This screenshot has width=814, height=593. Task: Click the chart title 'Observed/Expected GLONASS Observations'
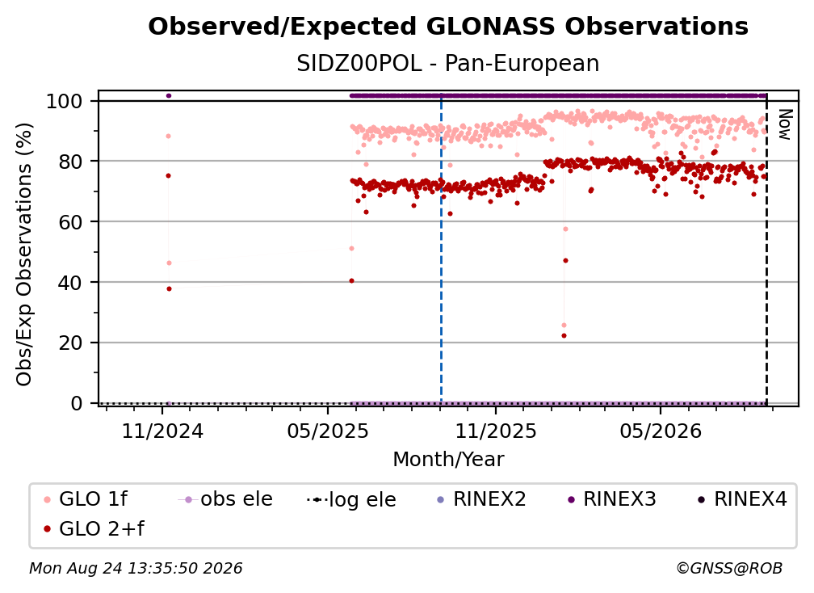click(x=448, y=27)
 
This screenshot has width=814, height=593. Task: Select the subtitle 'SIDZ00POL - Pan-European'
click(x=448, y=63)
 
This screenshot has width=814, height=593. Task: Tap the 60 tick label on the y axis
click(x=70, y=221)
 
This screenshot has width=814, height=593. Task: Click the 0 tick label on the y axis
click(x=77, y=403)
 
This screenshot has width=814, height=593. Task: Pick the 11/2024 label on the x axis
click(x=162, y=431)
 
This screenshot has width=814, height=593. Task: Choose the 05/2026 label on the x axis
click(x=661, y=431)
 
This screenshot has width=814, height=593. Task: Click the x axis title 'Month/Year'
click(x=448, y=459)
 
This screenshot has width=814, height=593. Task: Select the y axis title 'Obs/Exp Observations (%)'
click(x=24, y=254)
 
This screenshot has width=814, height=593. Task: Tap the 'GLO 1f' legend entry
click(x=86, y=499)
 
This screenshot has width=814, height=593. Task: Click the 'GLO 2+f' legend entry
click(x=94, y=528)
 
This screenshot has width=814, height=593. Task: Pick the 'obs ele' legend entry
click(x=225, y=499)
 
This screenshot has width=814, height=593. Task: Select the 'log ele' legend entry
click(x=351, y=499)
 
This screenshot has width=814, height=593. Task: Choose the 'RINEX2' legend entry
click(x=482, y=499)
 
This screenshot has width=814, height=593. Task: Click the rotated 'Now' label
click(x=784, y=124)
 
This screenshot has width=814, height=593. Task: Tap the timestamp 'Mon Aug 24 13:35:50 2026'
click(x=136, y=568)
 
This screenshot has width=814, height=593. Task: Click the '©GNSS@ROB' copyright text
click(x=729, y=568)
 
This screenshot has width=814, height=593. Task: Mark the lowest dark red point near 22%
click(x=564, y=335)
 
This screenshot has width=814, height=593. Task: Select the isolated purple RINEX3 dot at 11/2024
click(x=168, y=95)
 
